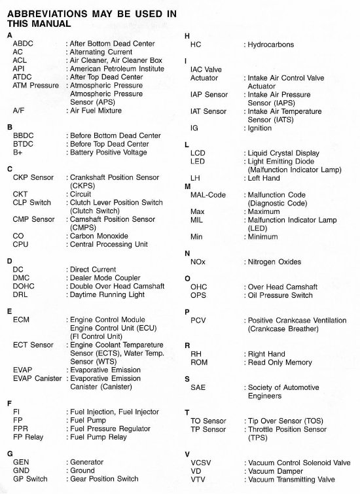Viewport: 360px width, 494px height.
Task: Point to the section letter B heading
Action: coord(9,127)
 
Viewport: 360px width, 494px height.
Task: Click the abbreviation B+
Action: coord(18,152)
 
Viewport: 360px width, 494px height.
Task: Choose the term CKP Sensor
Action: coord(33,177)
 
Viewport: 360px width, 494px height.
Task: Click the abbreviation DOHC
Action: coord(25,286)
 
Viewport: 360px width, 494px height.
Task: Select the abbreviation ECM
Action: coord(22,319)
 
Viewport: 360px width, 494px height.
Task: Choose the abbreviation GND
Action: coord(22,470)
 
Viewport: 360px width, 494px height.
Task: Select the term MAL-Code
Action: coord(207,195)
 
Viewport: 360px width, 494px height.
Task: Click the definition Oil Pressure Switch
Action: coord(279,295)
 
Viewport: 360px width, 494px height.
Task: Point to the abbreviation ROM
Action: coord(200,362)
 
